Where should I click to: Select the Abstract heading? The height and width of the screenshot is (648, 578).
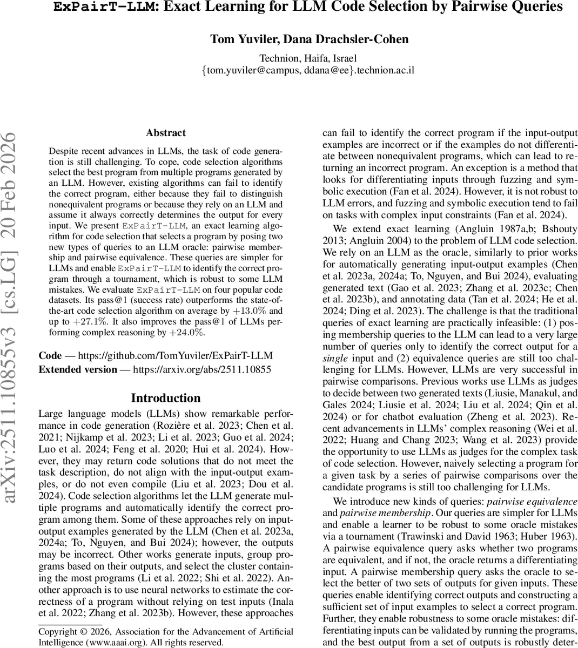pos(166,133)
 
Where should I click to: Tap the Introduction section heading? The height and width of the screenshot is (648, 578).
pos(166,398)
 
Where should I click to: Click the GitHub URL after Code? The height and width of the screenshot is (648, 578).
pos(176,356)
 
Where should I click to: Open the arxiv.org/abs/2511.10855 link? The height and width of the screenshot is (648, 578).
pos(202,370)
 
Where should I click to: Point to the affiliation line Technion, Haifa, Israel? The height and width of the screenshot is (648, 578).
pos(308,58)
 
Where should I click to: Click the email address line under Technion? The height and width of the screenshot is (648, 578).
pos(308,70)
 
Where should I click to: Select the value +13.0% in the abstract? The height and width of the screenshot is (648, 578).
pos(250,312)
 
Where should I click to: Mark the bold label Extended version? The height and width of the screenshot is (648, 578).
pos(78,370)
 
